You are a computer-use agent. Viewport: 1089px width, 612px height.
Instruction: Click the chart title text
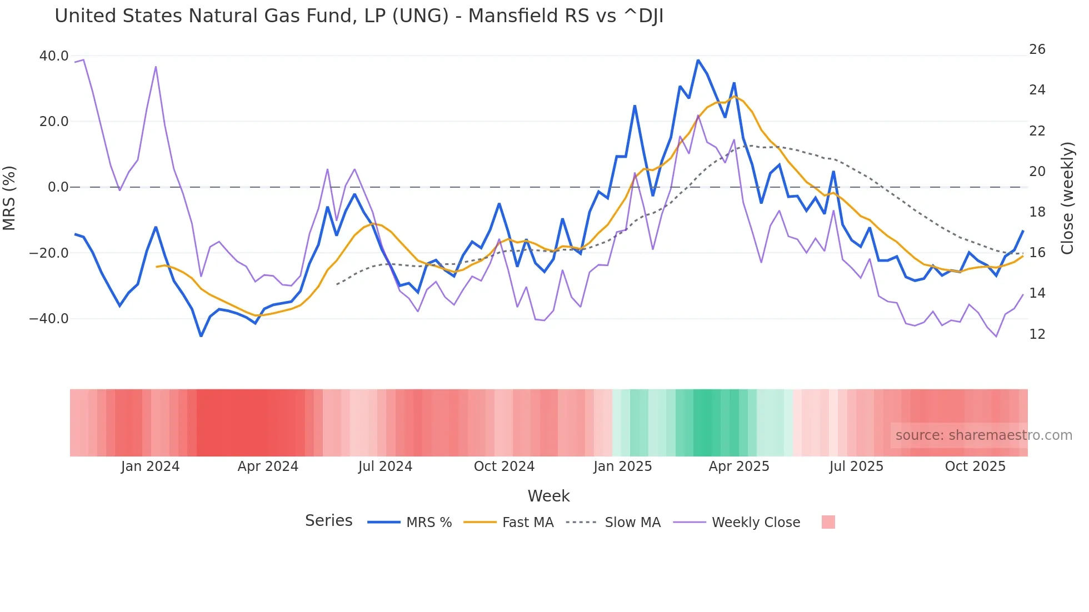point(359,16)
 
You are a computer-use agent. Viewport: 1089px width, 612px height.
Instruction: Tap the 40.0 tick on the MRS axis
point(54,56)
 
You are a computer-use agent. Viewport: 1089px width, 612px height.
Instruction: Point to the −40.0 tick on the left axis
point(49,319)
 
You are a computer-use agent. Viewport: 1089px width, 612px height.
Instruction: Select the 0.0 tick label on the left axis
point(58,187)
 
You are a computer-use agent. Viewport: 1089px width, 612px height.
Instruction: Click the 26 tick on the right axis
point(1037,49)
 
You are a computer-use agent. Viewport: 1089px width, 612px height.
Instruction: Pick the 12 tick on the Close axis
point(1037,334)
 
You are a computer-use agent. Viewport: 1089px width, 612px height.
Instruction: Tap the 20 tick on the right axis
point(1037,172)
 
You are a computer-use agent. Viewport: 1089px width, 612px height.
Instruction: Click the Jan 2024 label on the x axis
point(150,466)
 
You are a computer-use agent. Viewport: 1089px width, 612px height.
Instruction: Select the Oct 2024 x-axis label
point(504,466)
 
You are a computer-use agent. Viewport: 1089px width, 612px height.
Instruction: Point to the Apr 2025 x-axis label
point(739,466)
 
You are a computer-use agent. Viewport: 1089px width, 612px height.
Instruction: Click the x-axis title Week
point(548,496)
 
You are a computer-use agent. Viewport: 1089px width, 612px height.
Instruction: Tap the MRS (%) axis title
point(9,198)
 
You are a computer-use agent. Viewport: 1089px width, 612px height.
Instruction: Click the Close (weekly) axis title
point(1067,198)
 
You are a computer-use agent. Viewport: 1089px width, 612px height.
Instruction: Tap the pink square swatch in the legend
point(828,522)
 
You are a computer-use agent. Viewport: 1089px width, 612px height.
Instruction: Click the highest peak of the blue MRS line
point(698,61)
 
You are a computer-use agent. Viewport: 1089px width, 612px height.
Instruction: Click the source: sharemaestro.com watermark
point(983,435)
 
